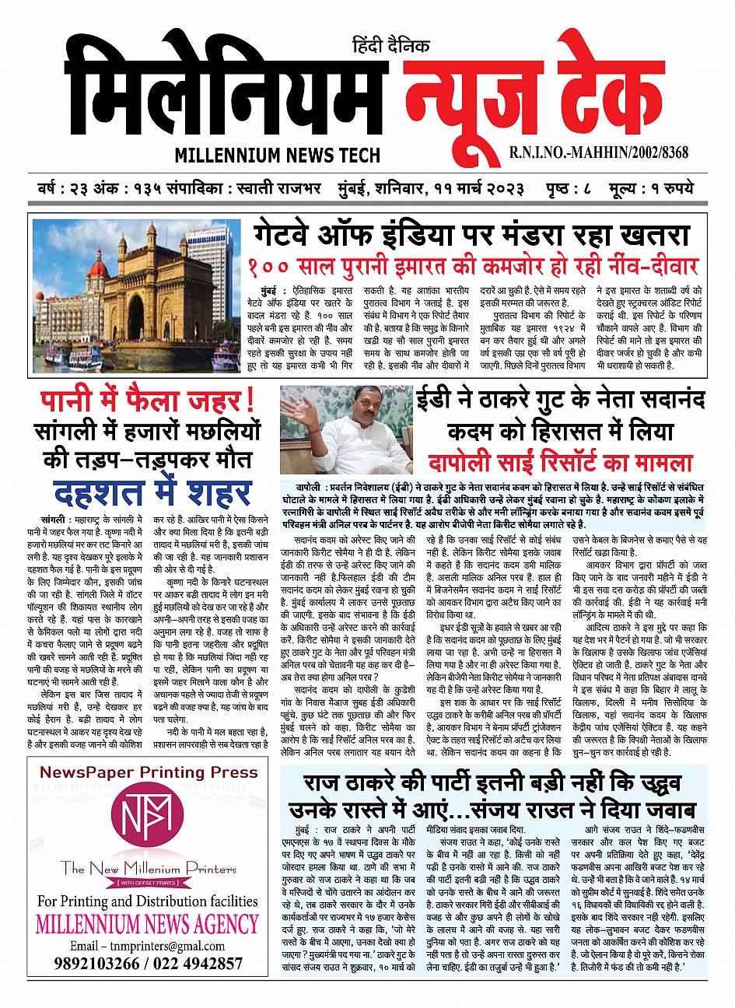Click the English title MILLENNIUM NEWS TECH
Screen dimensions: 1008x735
[277, 154]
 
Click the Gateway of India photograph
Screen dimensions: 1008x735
[137, 285]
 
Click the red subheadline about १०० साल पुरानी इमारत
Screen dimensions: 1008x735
[473, 266]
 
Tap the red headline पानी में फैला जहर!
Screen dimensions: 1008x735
[148, 401]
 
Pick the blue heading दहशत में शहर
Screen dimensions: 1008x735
[152, 492]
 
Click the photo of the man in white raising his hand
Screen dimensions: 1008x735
[346, 431]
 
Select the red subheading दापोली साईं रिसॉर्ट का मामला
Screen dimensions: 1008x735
[560, 462]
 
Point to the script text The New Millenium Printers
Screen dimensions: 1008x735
[149, 868]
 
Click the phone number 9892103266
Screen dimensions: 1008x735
[97, 964]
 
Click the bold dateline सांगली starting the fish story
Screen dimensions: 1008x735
[54, 519]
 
